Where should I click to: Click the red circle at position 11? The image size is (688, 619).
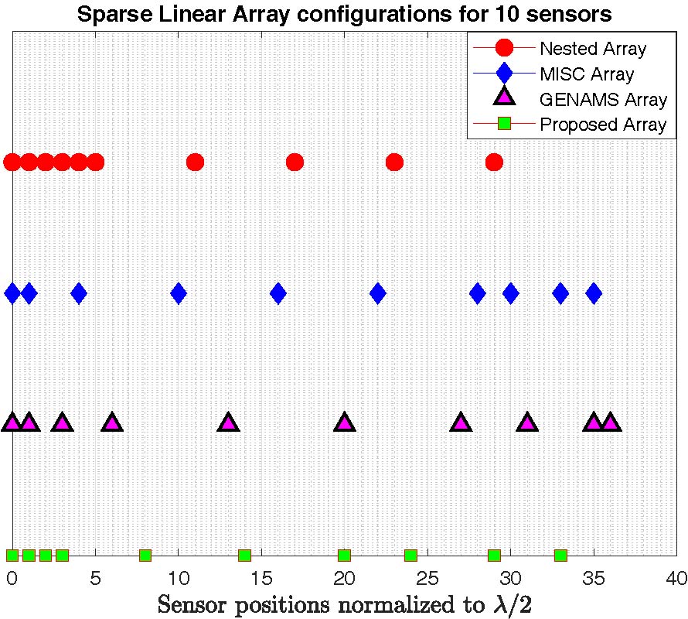195,162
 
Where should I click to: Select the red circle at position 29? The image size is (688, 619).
494,162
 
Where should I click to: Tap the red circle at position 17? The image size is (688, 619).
295,162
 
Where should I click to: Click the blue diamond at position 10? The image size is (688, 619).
179,293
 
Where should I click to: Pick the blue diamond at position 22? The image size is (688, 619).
378,293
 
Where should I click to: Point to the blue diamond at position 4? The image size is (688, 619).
79,293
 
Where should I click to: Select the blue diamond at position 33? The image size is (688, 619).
560,293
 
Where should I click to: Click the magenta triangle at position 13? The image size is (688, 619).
228,423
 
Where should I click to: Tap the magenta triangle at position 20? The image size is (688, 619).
345,423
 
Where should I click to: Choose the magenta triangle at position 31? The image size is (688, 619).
527,423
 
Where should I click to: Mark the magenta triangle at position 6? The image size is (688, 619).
112,423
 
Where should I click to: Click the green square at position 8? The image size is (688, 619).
145,555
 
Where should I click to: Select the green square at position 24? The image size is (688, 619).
411,555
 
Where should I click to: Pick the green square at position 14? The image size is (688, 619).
245,555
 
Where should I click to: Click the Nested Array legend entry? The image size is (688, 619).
593,49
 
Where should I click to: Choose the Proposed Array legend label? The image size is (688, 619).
603,124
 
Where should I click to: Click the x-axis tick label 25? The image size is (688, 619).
427,578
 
